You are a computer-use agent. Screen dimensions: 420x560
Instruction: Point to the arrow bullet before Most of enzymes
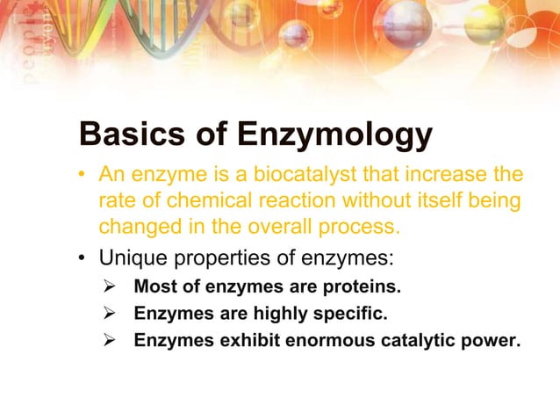111,287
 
